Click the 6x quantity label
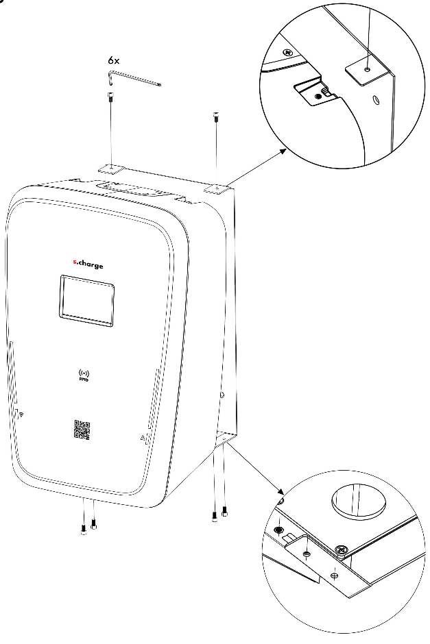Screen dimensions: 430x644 coord(113,60)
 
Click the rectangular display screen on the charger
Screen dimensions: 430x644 coord(86,301)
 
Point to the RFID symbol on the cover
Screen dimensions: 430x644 coord(84,375)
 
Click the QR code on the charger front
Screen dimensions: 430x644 coord(82,429)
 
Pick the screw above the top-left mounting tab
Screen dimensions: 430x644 coord(110,97)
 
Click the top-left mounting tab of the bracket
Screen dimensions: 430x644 coord(111,169)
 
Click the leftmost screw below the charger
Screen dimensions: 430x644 coord(84,530)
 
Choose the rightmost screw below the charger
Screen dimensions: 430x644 coord(224,511)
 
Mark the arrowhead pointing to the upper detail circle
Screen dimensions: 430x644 coord(283,151)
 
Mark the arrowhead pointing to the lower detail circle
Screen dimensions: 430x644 coord(280,491)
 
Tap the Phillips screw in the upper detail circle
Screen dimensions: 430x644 coord(288,53)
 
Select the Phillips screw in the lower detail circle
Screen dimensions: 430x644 coord(342,549)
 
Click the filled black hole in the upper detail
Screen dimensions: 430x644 coord(318,97)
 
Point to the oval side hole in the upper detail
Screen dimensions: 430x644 coord(376,100)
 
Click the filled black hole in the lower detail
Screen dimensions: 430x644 coord(278,530)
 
